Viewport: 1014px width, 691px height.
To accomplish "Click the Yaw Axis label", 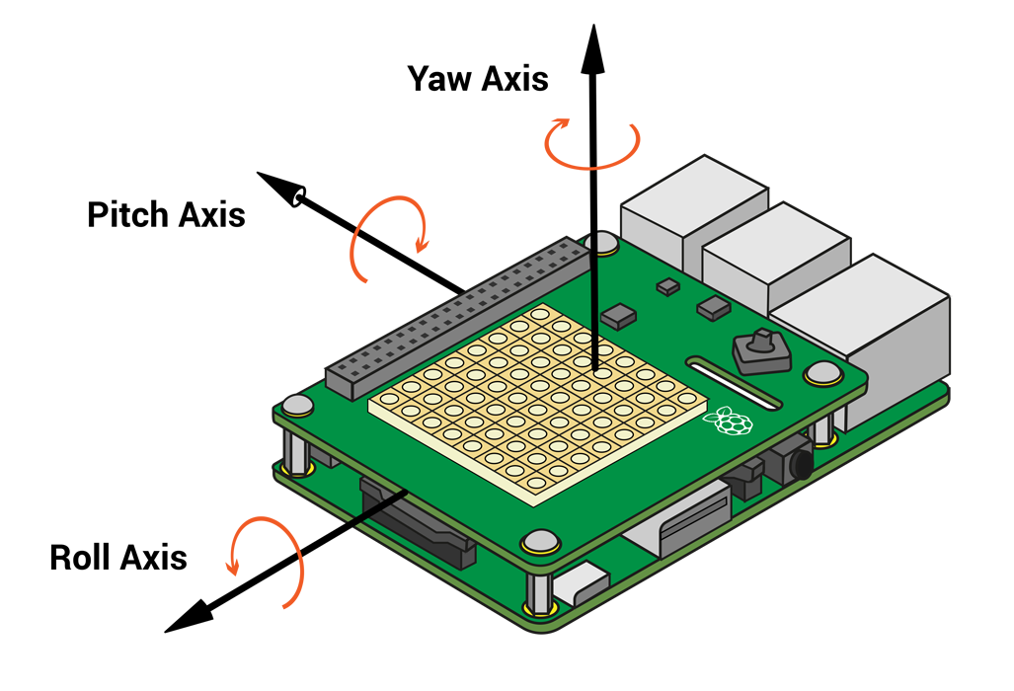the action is click(x=478, y=79).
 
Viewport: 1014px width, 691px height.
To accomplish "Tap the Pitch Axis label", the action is click(x=166, y=214).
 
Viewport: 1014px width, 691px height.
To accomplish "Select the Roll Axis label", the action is click(x=118, y=557).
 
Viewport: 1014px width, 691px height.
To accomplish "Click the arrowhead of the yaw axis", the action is click(x=593, y=48).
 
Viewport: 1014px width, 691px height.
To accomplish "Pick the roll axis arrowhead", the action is click(x=189, y=616).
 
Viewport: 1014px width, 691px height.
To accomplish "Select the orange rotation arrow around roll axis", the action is click(x=268, y=560).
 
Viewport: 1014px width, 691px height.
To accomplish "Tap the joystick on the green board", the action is click(x=762, y=351).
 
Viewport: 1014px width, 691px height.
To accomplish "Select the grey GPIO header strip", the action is click(x=458, y=318).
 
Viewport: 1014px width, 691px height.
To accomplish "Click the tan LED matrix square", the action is click(x=538, y=405).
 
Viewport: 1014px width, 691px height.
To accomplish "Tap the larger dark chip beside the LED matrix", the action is click(x=618, y=316).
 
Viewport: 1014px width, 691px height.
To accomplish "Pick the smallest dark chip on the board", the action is click(x=668, y=286).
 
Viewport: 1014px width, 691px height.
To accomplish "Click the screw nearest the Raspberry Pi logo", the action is click(x=822, y=374).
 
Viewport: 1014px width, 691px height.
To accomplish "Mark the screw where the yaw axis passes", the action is click(x=601, y=244).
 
